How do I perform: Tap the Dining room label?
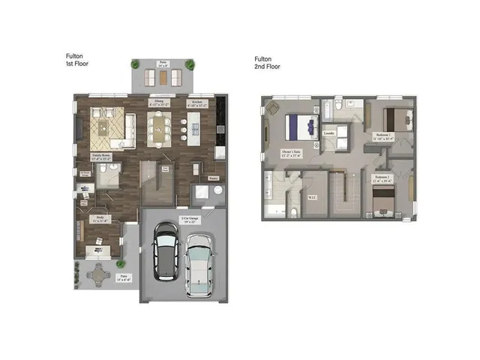coord(159,103)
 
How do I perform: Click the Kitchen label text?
coord(197,103)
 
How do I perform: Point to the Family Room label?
coord(100,157)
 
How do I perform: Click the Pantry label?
coord(214,178)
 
